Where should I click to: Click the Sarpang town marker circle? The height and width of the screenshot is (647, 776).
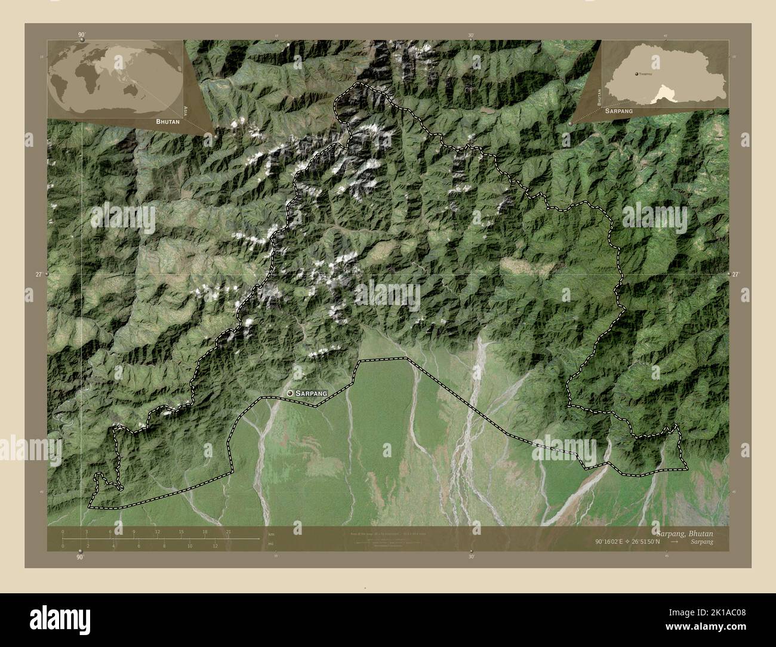[290, 393]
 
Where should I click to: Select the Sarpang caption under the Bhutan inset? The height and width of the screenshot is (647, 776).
[618, 112]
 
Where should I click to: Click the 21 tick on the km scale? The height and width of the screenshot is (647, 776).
[228, 531]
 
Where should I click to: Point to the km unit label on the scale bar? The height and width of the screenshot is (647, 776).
[271, 533]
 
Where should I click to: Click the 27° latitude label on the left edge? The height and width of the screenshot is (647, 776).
[39, 275]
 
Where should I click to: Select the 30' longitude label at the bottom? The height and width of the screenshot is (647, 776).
[472, 556]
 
